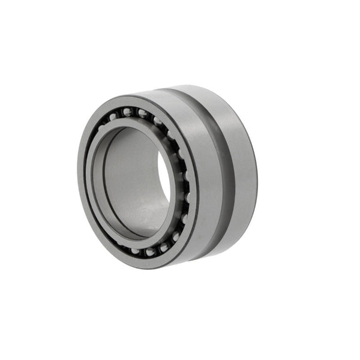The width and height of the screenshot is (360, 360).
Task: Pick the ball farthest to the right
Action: pyautogui.click(x=188, y=197)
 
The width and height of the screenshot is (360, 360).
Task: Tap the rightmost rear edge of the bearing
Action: pyautogui.click(x=257, y=174)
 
